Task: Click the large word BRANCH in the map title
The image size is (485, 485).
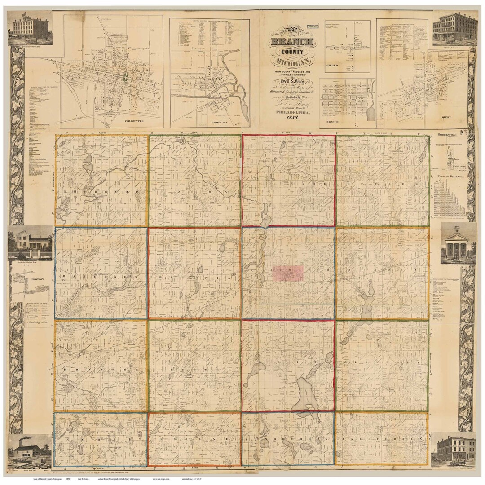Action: (x=292, y=43)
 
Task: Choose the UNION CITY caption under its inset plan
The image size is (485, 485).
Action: (x=211, y=122)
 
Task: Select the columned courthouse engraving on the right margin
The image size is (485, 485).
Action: (x=458, y=245)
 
